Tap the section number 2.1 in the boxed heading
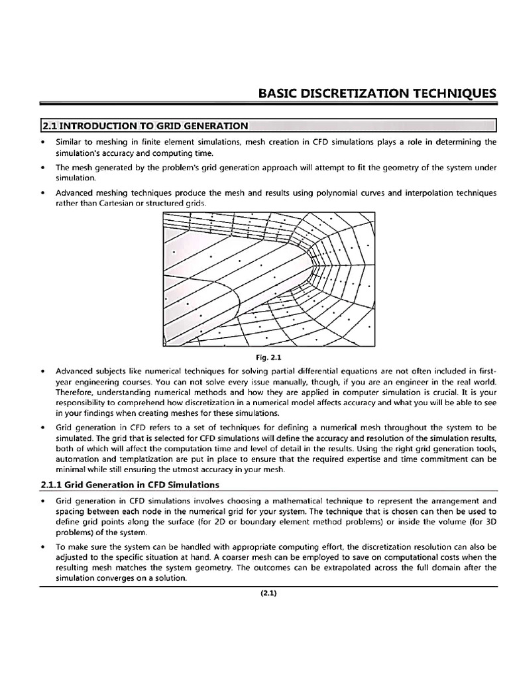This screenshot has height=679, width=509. click(50, 125)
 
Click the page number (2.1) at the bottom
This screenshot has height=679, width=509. click(268, 593)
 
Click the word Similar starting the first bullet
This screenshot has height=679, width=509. click(69, 142)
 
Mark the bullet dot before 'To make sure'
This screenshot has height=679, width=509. click(43, 547)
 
